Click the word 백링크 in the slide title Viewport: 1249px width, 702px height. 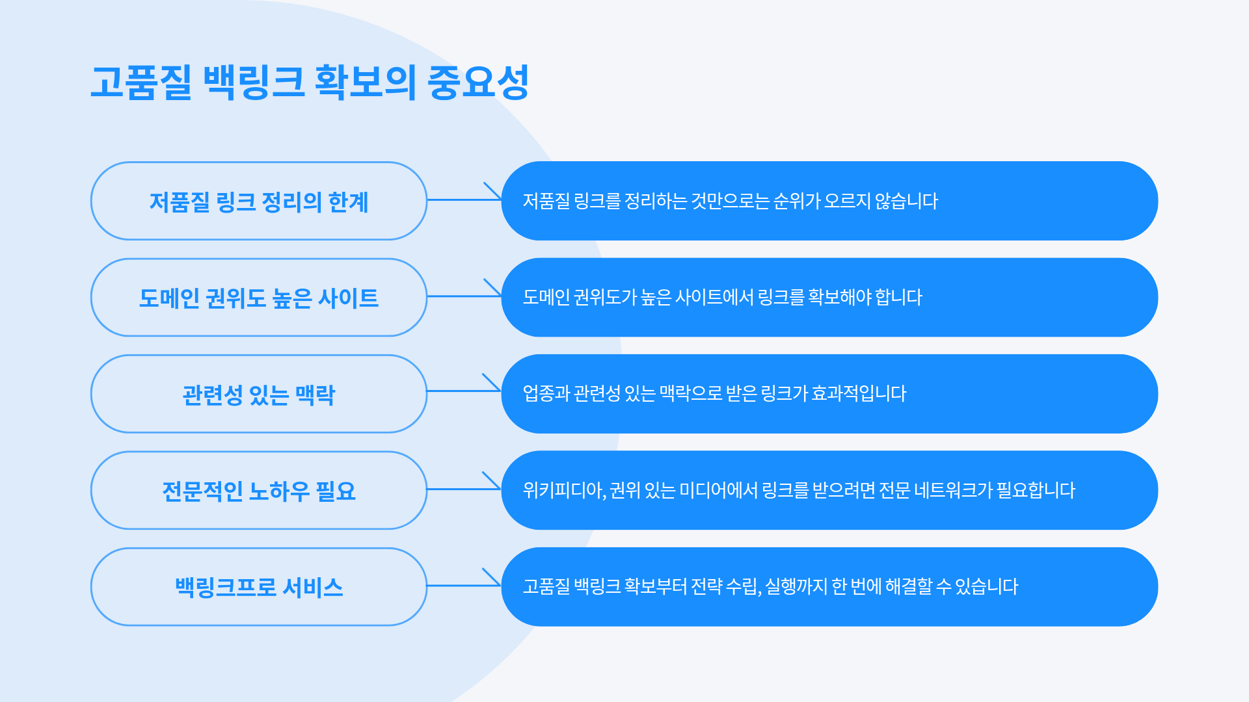click(x=254, y=83)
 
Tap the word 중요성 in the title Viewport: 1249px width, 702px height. click(x=478, y=83)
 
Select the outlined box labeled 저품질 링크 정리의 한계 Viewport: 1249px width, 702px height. click(x=259, y=201)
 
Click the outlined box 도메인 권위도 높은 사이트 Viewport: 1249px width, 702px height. click(x=259, y=297)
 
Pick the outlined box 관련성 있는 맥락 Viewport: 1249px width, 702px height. click(x=259, y=394)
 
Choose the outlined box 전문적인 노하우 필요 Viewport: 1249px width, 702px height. click(x=259, y=490)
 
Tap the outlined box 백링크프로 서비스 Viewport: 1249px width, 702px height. click(x=259, y=587)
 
